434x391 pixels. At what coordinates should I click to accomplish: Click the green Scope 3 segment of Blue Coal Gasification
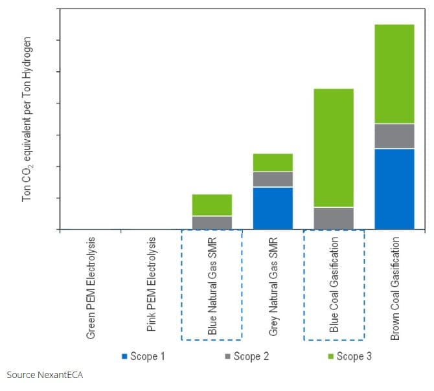[x=334, y=148]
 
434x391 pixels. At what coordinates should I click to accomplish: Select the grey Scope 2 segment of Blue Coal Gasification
[x=334, y=218]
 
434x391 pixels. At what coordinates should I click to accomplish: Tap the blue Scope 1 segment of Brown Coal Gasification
[x=394, y=189]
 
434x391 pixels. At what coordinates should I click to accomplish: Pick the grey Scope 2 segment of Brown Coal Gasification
[x=394, y=136]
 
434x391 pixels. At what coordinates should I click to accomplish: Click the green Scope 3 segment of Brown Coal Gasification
[x=394, y=74]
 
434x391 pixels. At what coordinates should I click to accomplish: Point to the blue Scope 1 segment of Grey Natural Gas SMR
[x=273, y=208]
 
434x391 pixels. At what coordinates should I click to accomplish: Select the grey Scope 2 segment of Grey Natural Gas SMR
[x=273, y=179]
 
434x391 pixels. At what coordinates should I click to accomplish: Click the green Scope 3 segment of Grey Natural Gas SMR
[x=273, y=162]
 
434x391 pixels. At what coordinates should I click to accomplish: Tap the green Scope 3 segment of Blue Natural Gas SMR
[x=212, y=205]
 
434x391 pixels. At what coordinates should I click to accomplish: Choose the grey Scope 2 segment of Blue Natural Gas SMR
[x=212, y=223]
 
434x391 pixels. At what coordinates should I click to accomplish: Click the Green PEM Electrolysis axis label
[x=91, y=285]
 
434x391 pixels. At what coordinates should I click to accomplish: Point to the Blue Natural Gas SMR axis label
[x=212, y=285]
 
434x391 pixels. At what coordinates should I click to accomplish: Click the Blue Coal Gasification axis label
[x=334, y=284]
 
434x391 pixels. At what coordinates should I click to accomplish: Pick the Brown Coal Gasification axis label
[x=394, y=288]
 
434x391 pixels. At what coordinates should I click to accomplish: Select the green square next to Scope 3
[x=331, y=356]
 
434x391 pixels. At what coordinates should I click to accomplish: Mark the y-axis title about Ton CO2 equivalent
[x=27, y=118]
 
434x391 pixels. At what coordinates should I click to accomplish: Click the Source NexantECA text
[x=45, y=374]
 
